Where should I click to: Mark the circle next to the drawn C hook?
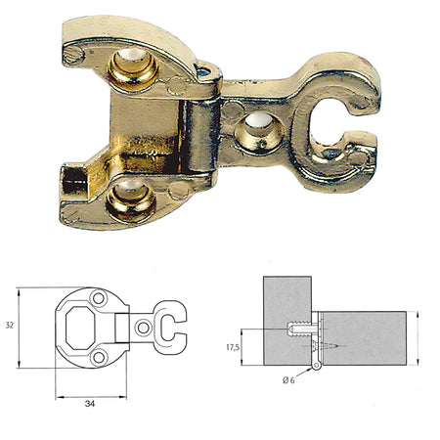(144, 329)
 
